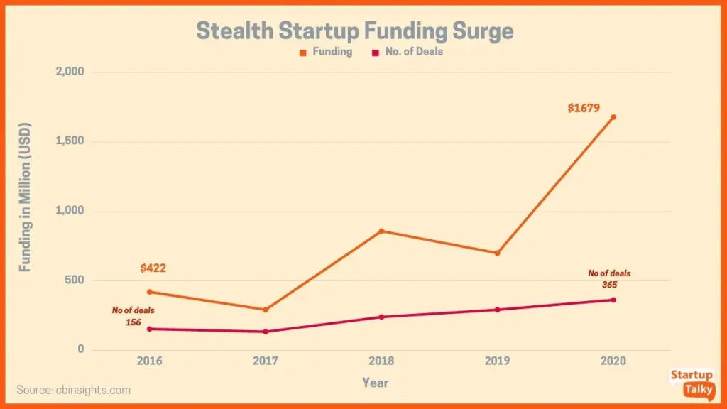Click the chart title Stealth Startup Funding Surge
(354, 31)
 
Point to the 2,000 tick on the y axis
(70, 72)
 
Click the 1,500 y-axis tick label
(70, 141)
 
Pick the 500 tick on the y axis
(75, 280)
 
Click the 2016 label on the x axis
(149, 361)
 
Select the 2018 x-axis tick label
(381, 361)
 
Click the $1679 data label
(584, 109)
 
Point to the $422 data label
(153, 268)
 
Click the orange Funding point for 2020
(613, 117)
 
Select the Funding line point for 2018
(381, 231)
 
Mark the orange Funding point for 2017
(266, 310)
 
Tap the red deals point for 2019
(497, 310)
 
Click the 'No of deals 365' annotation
(608, 278)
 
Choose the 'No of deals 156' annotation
(133, 316)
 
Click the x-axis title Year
(375, 383)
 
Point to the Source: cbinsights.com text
(74, 390)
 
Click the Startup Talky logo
(692, 383)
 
